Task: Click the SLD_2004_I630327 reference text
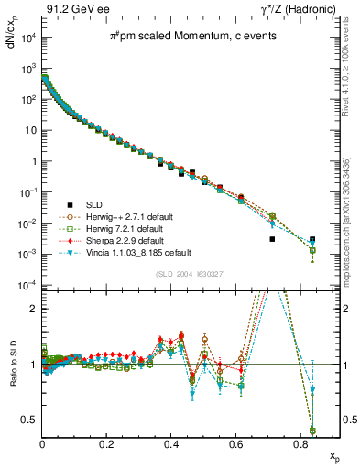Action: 180,274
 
